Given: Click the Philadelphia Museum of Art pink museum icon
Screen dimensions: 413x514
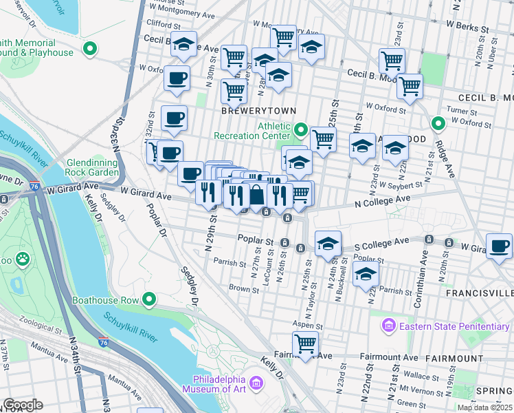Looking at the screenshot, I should click(256, 382).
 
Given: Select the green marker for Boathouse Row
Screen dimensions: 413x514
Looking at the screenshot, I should click(148, 299).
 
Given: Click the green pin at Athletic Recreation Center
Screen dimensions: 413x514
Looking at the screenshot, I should click(300, 129).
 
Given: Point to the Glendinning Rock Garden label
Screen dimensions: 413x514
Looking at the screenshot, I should click(92, 167).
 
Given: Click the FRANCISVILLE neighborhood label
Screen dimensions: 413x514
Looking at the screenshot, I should click(480, 293).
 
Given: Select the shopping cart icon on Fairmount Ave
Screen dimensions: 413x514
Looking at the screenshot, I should click(304, 342).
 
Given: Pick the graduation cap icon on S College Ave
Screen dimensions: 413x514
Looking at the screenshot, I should click(328, 242).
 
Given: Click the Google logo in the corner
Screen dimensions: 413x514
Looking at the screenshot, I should click(23, 404).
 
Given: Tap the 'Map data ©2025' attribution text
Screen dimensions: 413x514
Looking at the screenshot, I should click(484, 407).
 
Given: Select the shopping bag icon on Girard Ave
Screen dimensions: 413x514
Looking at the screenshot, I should click(256, 196).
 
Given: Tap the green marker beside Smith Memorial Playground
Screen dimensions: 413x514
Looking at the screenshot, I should click(88, 49).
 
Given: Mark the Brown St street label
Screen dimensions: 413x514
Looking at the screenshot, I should click(243, 288).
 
